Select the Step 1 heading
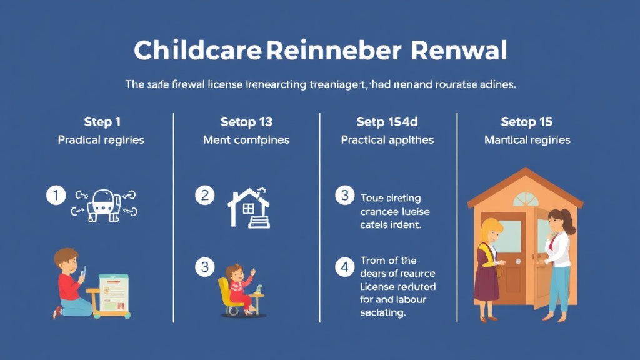click(101, 121)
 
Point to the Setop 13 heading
click(246, 121)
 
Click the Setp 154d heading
click(387, 121)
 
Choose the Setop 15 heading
click(527, 121)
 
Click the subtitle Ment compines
click(246, 140)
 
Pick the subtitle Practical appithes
click(387, 140)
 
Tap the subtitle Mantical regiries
click(527, 140)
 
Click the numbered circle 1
click(56, 196)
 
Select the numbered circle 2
click(204, 196)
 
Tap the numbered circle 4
click(344, 268)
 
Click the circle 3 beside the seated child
click(204, 267)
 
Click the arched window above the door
click(526, 199)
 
